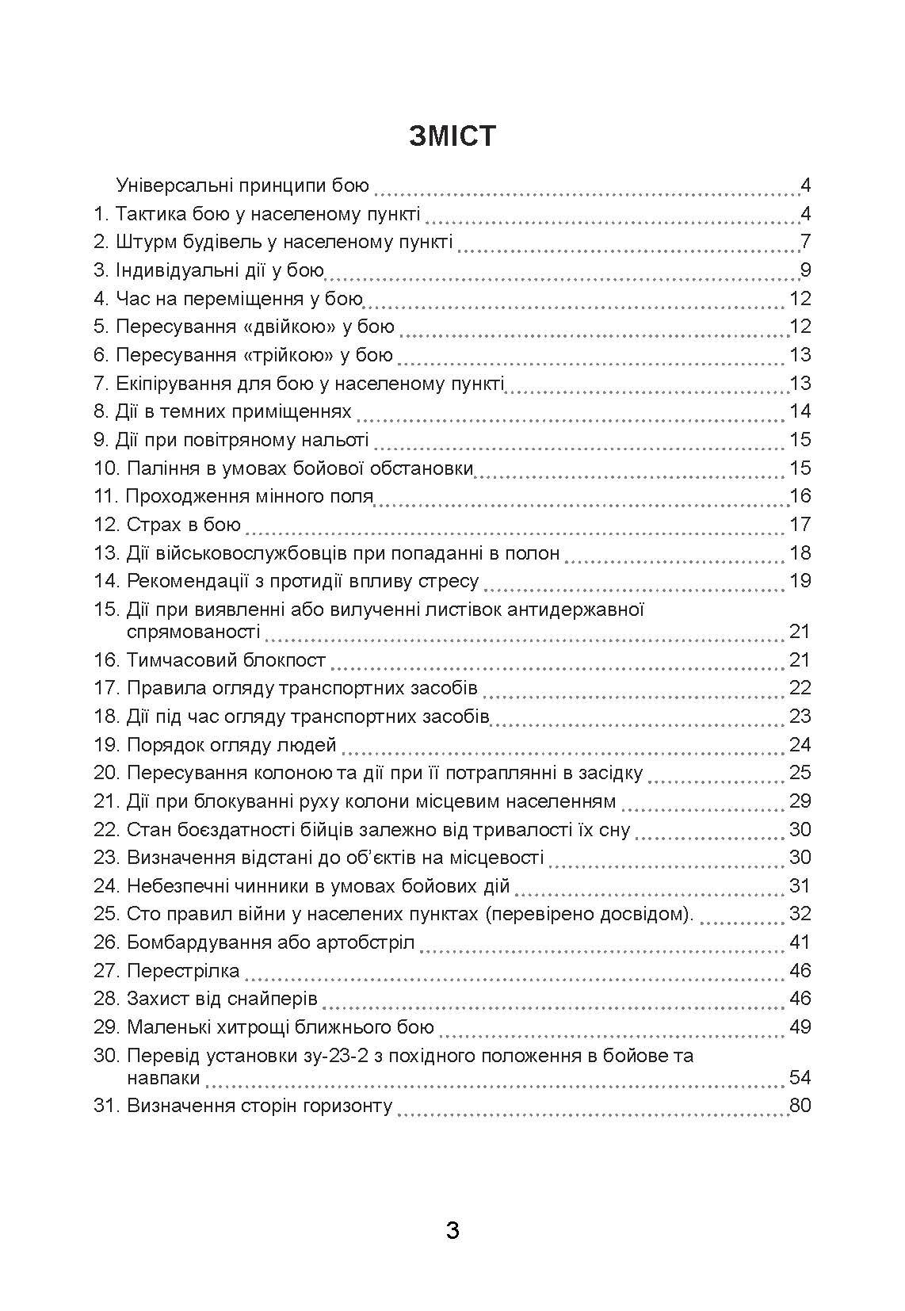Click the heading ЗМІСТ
point(452,136)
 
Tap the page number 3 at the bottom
point(452,1230)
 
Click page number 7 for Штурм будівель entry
point(805,242)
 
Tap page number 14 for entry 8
point(800,411)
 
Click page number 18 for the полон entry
point(800,552)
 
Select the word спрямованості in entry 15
point(193,632)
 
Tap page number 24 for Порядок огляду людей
point(800,744)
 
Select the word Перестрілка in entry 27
point(182,971)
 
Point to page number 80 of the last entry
point(800,1106)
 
